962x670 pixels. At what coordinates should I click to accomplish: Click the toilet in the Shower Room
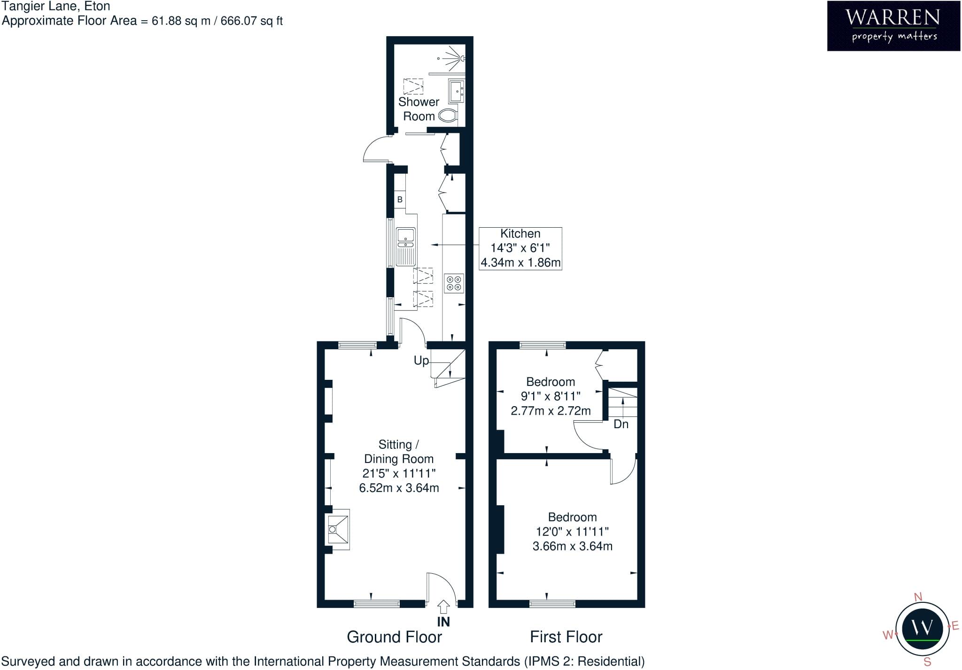[x=448, y=116]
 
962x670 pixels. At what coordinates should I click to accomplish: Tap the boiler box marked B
[x=400, y=200]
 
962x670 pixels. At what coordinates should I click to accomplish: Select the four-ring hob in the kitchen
[x=454, y=283]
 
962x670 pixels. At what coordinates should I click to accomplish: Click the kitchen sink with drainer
[x=406, y=246]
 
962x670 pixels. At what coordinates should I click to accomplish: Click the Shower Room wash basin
[x=456, y=91]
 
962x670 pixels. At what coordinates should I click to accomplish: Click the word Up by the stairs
[x=421, y=361]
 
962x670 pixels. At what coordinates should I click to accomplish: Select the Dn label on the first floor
[x=621, y=424]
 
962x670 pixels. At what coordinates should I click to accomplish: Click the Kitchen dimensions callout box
[x=520, y=248]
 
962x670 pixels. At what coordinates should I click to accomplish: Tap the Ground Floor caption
[x=394, y=637]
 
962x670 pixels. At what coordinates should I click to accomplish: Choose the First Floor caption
[x=566, y=637]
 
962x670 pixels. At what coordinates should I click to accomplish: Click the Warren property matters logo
[x=893, y=26]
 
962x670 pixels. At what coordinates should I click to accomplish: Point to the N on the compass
[x=918, y=597]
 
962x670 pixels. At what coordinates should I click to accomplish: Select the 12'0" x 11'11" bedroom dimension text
[x=572, y=531]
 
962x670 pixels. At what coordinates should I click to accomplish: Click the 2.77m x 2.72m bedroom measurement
[x=551, y=411]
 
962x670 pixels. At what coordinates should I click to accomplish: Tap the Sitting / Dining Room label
[x=399, y=452]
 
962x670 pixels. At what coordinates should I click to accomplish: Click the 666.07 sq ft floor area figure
[x=252, y=21]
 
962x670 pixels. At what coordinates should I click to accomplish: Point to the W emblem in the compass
[x=922, y=627]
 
